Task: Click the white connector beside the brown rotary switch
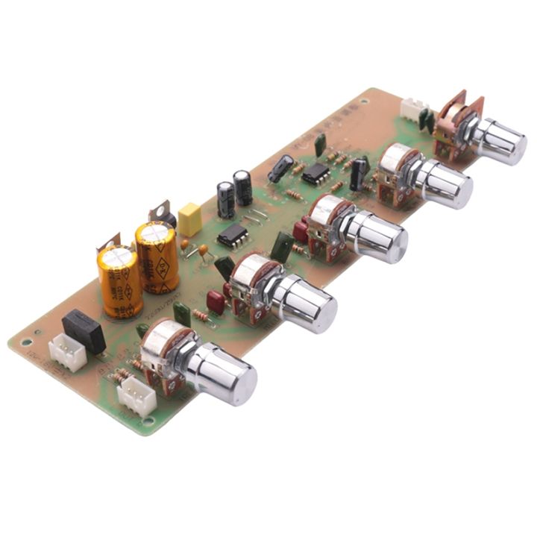coord(412,110)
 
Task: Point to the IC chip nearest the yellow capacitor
coord(233,236)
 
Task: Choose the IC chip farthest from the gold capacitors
coord(316,174)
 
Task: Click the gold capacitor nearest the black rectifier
coord(119,281)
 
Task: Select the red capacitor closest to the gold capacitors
coord(216,302)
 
